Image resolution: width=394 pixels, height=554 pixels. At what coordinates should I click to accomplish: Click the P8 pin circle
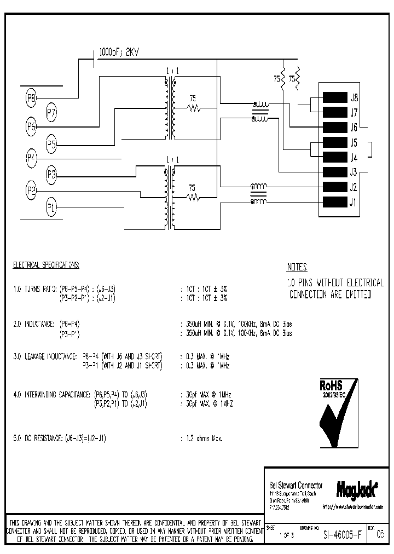point(31,99)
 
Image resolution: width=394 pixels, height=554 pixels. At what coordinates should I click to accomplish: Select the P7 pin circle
point(51,114)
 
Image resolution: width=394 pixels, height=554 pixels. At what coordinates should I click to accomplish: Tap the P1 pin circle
point(51,207)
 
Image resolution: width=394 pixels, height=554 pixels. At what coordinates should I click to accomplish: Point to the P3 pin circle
point(51,175)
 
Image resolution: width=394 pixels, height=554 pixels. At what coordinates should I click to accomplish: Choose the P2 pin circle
point(31,191)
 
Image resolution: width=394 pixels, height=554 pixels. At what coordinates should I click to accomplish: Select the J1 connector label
point(354,203)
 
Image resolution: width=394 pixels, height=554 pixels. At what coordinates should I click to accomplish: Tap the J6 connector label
point(354,128)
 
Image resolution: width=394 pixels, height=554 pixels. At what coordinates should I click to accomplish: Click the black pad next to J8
point(334,98)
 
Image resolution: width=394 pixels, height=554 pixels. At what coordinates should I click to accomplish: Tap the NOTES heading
point(297,268)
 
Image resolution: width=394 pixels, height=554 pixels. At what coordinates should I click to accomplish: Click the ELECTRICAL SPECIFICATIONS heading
point(46,265)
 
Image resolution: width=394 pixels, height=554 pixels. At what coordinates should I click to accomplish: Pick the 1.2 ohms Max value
point(201,438)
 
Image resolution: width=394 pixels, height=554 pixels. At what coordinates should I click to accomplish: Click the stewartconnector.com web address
point(352,507)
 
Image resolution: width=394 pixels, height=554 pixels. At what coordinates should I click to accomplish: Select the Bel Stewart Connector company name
point(296,486)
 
